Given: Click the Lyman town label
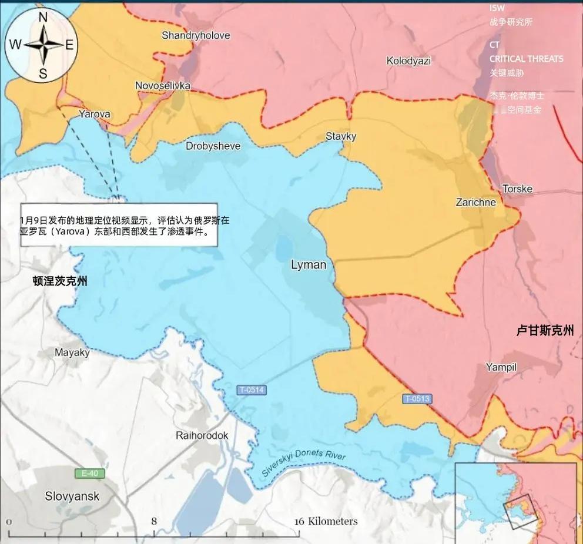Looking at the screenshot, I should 309,265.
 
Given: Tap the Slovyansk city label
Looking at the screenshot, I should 72,496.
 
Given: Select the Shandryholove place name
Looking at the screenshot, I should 196,35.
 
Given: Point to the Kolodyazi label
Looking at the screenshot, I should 408,61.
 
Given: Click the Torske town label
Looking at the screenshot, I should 517,189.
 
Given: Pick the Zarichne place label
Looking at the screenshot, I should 475,202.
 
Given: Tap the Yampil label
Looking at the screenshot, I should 501,367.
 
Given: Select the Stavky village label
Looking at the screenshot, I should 341,136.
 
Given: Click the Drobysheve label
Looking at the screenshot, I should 213,146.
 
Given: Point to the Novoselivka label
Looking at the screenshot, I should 163,86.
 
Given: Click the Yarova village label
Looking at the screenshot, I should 95,114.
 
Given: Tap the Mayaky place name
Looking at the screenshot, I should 72,353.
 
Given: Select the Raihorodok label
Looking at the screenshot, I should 202,435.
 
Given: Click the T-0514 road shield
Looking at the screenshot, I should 252,389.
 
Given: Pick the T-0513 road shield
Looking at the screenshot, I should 417,399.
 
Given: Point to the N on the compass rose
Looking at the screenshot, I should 43,18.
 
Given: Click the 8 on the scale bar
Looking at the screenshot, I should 154,521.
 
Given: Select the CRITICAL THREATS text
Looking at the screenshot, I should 526,59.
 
